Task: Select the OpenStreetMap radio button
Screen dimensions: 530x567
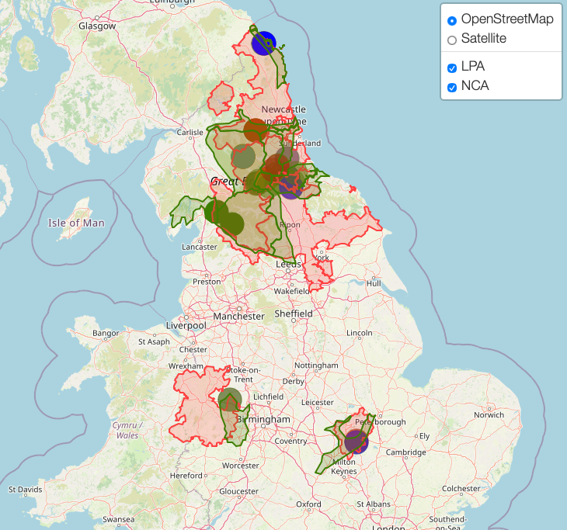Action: click(x=452, y=19)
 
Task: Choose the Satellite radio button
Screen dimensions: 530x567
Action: click(x=452, y=39)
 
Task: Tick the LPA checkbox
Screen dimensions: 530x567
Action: click(x=452, y=68)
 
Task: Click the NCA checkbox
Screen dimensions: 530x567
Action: click(x=452, y=87)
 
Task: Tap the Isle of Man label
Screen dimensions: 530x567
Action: click(x=76, y=223)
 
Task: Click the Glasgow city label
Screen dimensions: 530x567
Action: click(x=97, y=26)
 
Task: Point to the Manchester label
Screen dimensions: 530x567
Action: click(x=239, y=317)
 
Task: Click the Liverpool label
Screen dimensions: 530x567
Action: click(x=186, y=326)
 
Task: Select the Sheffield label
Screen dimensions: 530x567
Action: click(x=294, y=313)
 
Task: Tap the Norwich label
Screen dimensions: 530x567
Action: click(x=489, y=414)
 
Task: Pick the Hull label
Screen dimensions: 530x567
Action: click(x=374, y=284)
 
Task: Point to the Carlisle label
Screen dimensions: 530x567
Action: click(x=190, y=133)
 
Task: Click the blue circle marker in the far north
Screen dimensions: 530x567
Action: click(x=263, y=43)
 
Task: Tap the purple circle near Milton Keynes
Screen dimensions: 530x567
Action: click(x=356, y=442)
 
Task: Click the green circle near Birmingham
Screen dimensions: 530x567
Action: click(x=229, y=400)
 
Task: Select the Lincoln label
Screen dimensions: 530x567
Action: click(x=360, y=333)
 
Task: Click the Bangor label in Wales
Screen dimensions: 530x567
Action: click(x=106, y=333)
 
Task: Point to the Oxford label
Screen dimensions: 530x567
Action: click(x=308, y=504)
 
